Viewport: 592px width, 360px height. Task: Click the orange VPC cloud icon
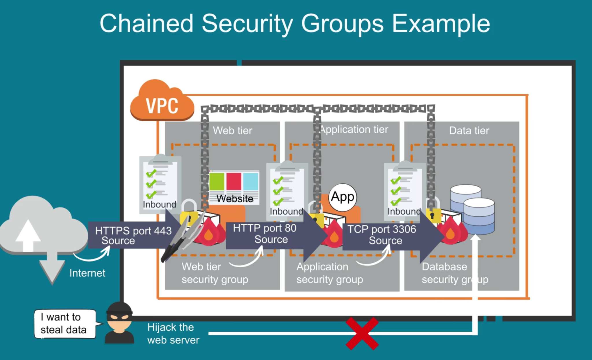coord(162,101)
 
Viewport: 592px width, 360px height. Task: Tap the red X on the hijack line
coord(362,334)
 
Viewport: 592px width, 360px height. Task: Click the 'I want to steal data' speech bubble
coord(65,323)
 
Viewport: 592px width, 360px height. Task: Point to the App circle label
coord(343,197)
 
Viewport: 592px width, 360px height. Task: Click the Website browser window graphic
coord(234,187)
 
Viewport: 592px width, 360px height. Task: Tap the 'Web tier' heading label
coord(232,131)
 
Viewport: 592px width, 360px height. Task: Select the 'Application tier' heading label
coord(354,129)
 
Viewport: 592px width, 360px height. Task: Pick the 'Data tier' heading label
coord(469,131)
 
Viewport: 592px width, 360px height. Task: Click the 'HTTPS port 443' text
coord(133,231)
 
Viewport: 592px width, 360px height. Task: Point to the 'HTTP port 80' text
coord(264,228)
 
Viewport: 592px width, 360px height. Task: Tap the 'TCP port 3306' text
coord(382,229)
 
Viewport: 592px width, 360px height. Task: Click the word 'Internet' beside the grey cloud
coord(87,273)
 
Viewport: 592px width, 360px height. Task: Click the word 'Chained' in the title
coord(146,23)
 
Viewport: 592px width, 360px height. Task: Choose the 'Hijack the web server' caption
coord(173,333)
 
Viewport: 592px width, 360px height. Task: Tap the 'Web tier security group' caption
coord(215,273)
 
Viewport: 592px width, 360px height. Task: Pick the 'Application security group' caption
coord(330,273)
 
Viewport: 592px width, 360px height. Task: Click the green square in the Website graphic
coord(217,181)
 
